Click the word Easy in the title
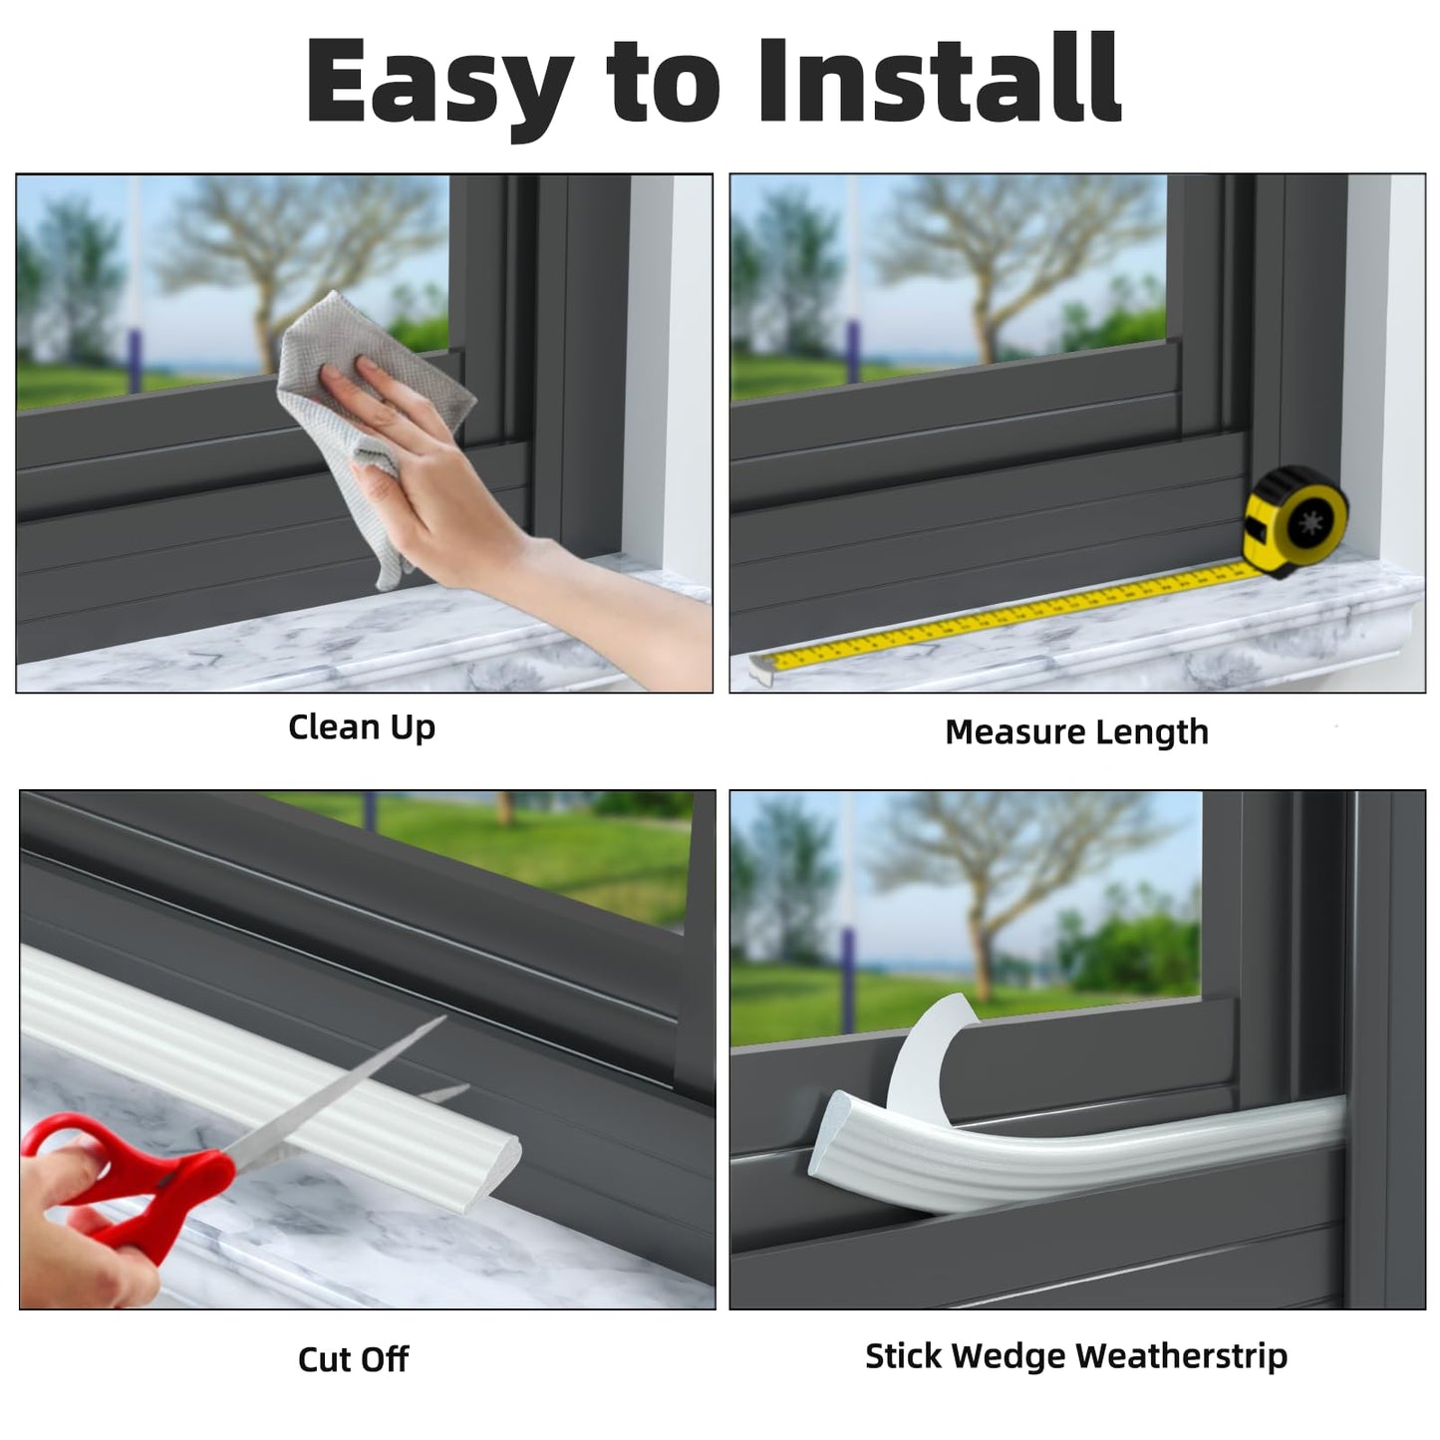pyautogui.click(x=438, y=82)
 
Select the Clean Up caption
pyautogui.click(x=362, y=727)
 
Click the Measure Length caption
pyautogui.click(x=1076, y=732)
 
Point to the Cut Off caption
pyautogui.click(x=353, y=1359)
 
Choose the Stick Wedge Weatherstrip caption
pyautogui.click(x=1075, y=1356)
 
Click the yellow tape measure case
pyautogui.click(x=1295, y=521)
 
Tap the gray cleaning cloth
pyautogui.click(x=369, y=399)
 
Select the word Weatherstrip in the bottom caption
pyautogui.click(x=1181, y=1356)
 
